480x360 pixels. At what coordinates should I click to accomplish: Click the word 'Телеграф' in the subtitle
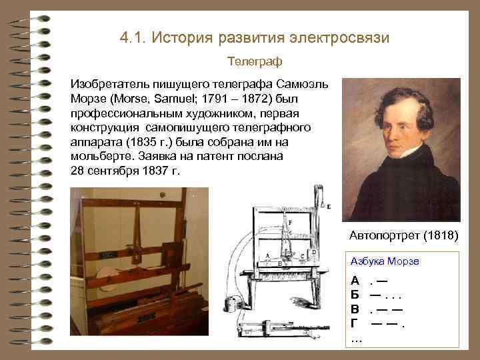[255, 61]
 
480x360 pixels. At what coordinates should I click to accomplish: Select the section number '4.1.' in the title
[133, 37]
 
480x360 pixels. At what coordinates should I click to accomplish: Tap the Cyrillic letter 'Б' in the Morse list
[355, 294]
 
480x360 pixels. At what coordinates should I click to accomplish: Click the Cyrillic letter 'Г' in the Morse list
[355, 323]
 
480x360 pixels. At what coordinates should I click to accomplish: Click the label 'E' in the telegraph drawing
[329, 207]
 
